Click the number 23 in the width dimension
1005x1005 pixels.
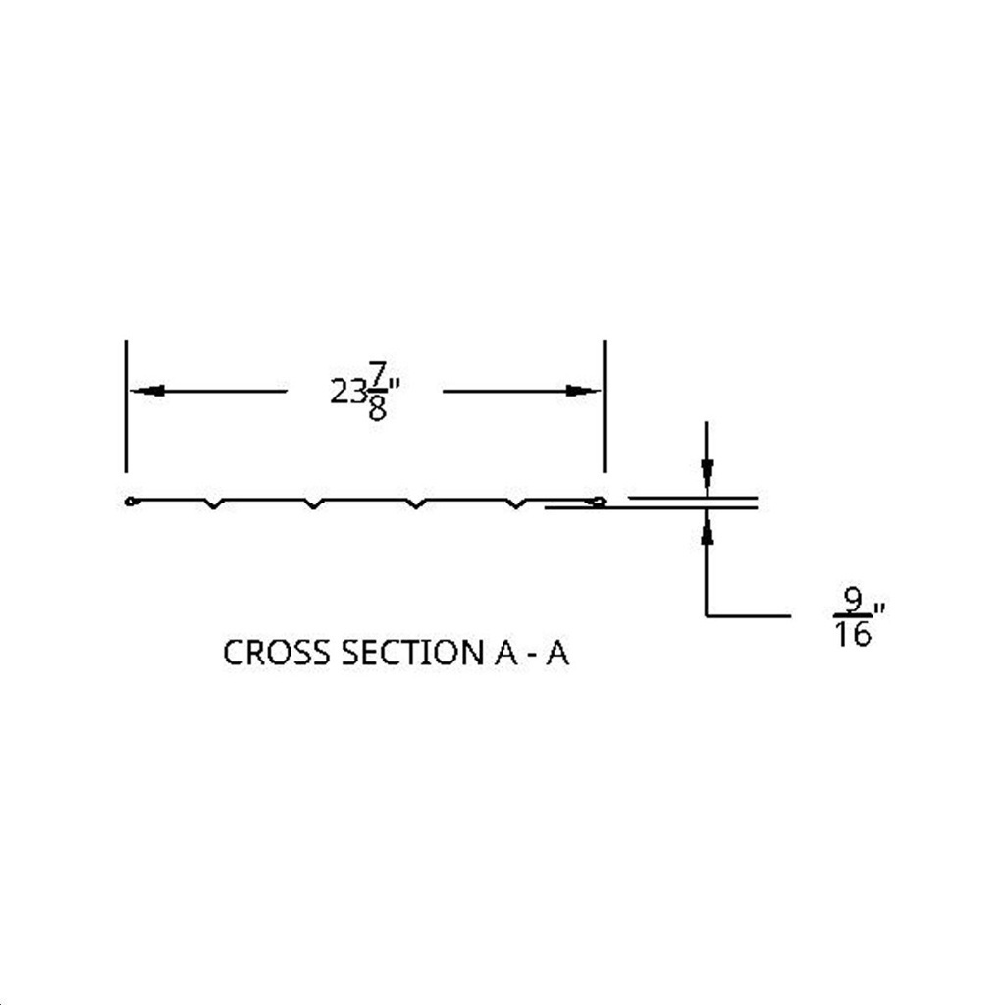point(348,391)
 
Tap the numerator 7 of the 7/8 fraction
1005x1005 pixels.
point(377,373)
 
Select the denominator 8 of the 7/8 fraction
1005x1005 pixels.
point(377,408)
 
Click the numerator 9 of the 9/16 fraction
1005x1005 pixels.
point(853,600)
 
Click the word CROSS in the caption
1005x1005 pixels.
point(278,653)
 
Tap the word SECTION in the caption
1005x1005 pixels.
point(412,653)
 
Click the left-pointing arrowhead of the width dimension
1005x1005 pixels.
point(147,391)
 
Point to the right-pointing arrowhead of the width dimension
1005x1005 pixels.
point(583,391)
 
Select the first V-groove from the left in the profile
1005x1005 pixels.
point(214,503)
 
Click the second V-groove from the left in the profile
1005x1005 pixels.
point(313,503)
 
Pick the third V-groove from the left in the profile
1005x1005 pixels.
point(416,503)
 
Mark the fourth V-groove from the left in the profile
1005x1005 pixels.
point(516,503)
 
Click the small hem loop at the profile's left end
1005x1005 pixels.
point(131,502)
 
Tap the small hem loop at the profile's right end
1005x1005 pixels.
point(598,502)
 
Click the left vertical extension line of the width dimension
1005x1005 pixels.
point(126,406)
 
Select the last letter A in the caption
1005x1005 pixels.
point(557,653)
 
